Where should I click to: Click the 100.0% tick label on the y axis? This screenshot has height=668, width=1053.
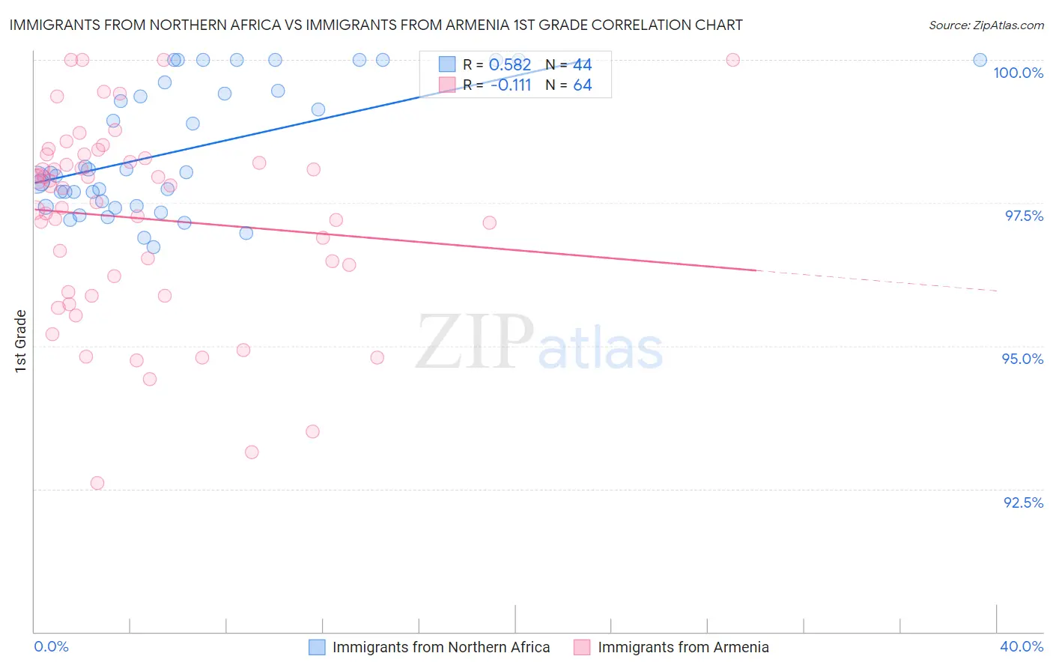[x=1018, y=73]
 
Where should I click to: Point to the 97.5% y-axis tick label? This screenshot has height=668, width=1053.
[x=1024, y=216]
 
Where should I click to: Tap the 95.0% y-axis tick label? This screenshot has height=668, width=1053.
[x=1022, y=359]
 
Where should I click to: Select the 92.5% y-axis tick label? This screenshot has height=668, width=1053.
[x=1023, y=502]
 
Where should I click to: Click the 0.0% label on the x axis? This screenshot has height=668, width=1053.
[x=51, y=646]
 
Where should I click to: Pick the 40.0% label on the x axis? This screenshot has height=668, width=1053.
[x=1022, y=646]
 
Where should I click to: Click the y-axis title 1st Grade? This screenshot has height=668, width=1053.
[x=21, y=341]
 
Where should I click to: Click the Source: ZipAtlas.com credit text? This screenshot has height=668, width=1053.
[x=986, y=25]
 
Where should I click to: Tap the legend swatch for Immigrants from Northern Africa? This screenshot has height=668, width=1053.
[x=317, y=647]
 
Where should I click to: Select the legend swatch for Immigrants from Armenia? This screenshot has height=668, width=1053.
[x=582, y=647]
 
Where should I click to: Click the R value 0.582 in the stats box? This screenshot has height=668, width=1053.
[x=509, y=65]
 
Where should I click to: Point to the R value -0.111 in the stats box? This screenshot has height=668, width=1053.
[x=510, y=85]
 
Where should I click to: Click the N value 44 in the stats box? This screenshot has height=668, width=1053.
[x=582, y=65]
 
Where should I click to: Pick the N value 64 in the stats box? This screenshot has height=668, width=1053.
[x=582, y=85]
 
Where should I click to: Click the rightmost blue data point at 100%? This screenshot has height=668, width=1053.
[x=980, y=60]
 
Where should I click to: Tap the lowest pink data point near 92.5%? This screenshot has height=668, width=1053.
[x=97, y=483]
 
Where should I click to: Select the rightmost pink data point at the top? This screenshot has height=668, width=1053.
[x=732, y=60]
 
